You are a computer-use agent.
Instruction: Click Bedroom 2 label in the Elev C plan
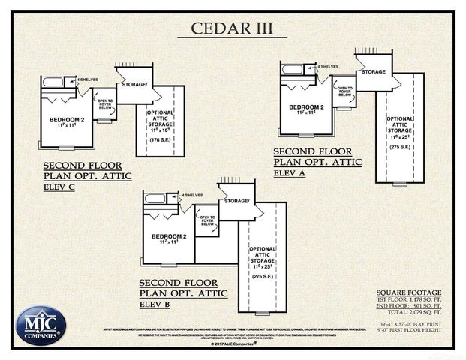(x=66, y=121)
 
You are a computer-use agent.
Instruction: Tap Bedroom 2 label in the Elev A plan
(x=306, y=109)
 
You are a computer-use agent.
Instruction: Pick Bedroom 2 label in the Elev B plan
(x=169, y=239)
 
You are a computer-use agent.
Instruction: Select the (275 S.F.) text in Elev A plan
(x=398, y=147)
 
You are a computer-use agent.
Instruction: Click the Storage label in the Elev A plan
(x=374, y=72)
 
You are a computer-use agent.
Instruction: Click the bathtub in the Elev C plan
(x=53, y=82)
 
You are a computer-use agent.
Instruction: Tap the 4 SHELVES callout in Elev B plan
(x=193, y=196)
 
